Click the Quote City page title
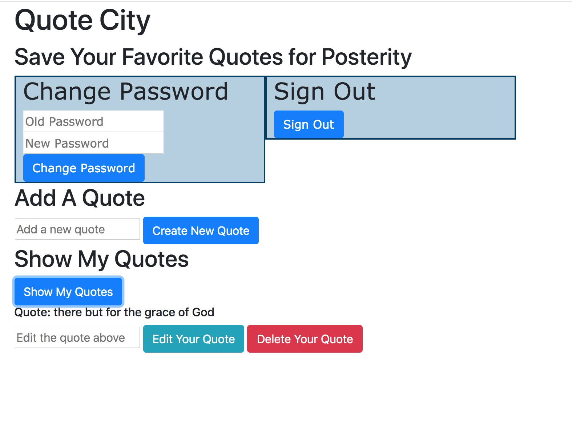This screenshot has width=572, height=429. click(x=82, y=21)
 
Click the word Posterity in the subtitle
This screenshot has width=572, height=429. click(x=367, y=57)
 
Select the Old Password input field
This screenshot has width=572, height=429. click(x=93, y=121)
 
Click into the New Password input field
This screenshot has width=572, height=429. click(x=93, y=143)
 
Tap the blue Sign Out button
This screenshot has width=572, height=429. click(x=309, y=124)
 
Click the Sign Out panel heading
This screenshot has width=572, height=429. click(x=325, y=92)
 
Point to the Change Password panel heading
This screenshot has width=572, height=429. click(x=126, y=92)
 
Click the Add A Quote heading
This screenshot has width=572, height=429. click(x=80, y=199)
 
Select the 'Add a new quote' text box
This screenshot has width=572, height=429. click(x=77, y=229)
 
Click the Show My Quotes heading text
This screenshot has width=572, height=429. click(x=102, y=259)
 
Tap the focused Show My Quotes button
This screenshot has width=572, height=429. click(x=68, y=291)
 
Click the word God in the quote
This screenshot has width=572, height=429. click(x=203, y=312)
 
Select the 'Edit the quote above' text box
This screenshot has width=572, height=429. click(x=77, y=337)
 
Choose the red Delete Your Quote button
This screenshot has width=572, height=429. click(x=305, y=339)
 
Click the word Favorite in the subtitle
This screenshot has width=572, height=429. click(x=162, y=57)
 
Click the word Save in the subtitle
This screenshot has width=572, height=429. click(x=40, y=57)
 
